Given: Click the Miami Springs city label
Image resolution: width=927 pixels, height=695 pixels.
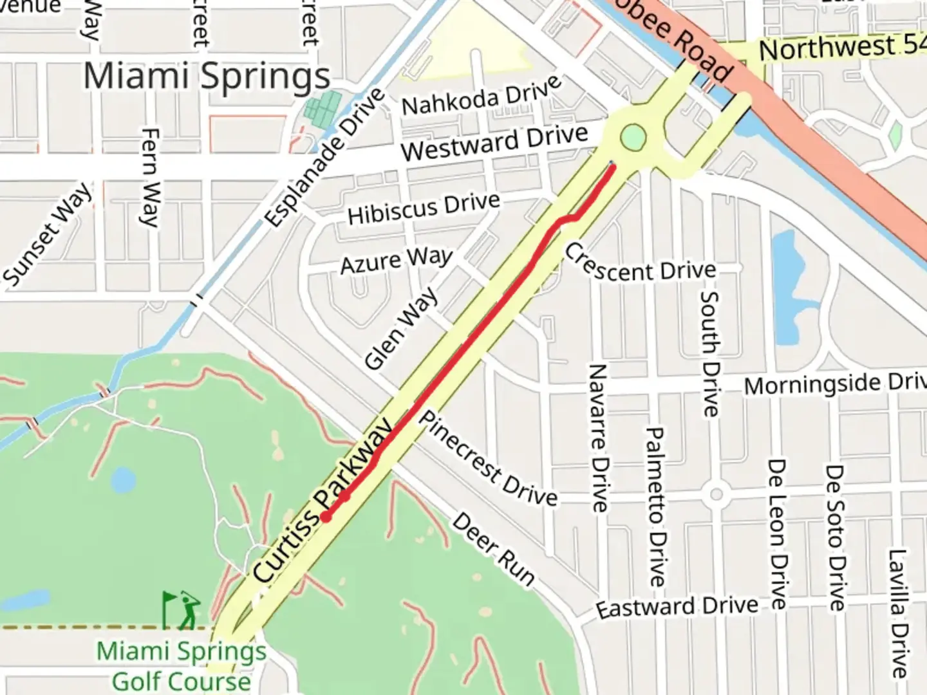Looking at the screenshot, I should click(x=207, y=77).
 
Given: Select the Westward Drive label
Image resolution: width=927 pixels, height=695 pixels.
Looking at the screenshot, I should click(x=494, y=142).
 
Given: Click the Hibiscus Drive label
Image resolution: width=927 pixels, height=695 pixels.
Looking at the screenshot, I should click(x=424, y=208).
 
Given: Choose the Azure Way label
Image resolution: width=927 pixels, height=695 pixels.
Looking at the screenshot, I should click(x=397, y=261).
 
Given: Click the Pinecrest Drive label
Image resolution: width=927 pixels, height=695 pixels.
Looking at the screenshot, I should click(x=488, y=458).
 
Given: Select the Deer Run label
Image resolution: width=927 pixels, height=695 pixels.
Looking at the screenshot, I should click(x=493, y=549).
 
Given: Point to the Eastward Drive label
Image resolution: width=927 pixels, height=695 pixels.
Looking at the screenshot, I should click(x=677, y=607).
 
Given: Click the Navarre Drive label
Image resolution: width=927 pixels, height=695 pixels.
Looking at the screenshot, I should click(x=598, y=438).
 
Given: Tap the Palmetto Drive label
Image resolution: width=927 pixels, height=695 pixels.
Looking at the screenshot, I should click(x=655, y=506).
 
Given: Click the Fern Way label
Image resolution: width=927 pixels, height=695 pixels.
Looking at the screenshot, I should click(x=149, y=178).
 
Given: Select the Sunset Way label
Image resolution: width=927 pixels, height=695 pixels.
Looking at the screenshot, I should click(x=48, y=234).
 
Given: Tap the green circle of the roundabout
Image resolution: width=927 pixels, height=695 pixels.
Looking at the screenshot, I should click(x=633, y=137).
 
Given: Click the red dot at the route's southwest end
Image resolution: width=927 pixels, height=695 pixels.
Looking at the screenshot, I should click(x=326, y=517).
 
